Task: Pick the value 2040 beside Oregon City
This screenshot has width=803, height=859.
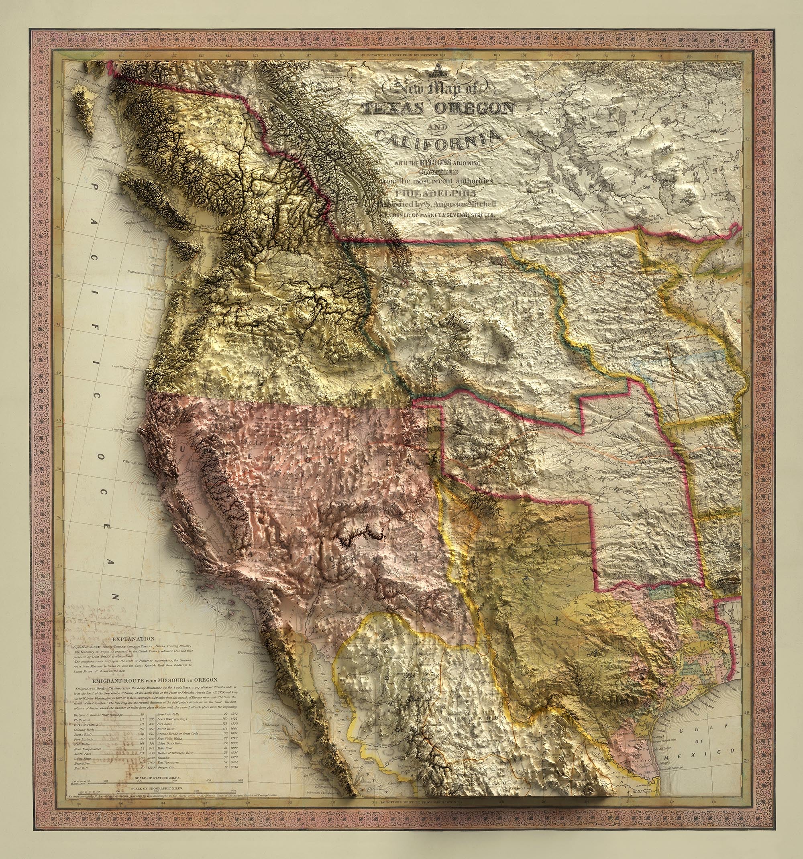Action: [234, 767]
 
